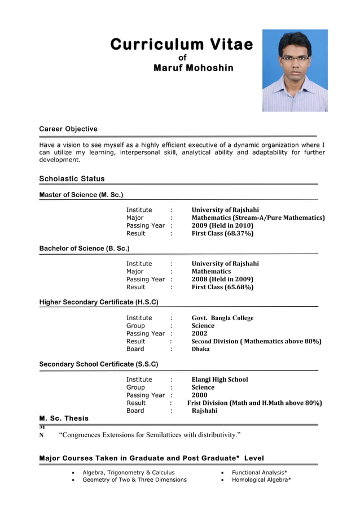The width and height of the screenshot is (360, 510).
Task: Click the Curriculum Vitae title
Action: point(182,45)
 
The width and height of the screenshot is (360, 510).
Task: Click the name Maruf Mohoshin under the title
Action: point(194,68)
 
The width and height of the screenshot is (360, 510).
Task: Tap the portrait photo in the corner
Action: point(295,71)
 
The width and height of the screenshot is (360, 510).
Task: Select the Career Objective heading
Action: point(68,129)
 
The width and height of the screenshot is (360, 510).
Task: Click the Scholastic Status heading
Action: point(72,179)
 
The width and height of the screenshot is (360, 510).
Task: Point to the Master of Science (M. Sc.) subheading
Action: point(81,195)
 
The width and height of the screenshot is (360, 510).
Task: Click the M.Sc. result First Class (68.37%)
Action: point(222,233)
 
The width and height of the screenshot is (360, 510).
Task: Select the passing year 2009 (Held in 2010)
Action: point(222,225)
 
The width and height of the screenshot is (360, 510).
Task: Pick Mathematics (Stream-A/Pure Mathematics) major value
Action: point(258,217)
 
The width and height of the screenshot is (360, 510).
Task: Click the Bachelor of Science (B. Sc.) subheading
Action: point(84,249)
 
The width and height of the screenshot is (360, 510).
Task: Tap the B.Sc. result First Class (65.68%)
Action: point(222,287)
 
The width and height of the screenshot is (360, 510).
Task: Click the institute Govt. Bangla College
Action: point(222,318)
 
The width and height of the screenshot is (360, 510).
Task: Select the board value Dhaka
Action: point(200,349)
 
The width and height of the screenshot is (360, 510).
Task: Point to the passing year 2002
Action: point(199,333)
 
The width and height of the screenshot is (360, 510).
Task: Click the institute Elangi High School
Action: point(219,380)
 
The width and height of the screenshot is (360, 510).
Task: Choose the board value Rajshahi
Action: point(204,411)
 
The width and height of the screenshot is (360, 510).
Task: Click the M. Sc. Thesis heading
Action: point(64,419)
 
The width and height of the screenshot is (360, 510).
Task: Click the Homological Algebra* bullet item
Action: point(261,480)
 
